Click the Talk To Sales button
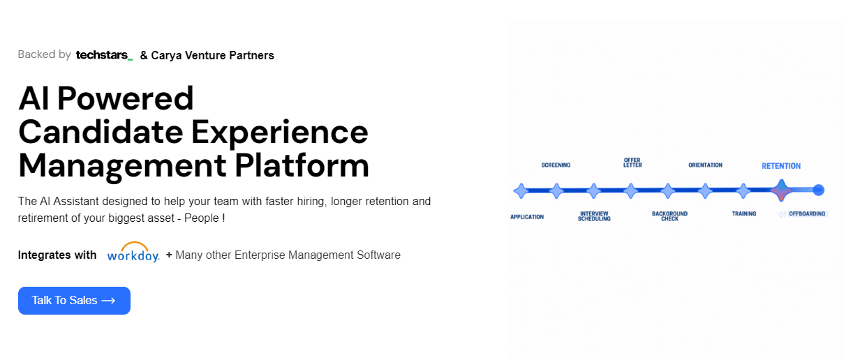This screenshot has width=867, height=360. point(74,301)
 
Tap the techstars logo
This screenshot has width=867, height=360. point(104,55)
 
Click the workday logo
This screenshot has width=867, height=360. point(133,253)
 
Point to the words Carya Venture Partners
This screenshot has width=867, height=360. point(212,55)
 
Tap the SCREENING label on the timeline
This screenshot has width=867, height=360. point(556,165)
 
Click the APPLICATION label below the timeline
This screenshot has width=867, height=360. point(527,217)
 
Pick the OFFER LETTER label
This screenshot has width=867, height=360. point(632,163)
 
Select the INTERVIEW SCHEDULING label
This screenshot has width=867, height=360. point(594,216)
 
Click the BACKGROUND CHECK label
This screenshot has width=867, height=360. point(669,216)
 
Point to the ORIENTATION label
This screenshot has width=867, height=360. point(705,165)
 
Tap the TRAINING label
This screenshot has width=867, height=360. point(744,213)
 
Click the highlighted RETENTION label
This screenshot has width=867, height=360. point(781,166)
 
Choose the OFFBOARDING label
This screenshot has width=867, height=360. point(808,213)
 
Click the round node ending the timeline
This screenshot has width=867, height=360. point(819,190)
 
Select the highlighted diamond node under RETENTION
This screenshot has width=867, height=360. point(780,190)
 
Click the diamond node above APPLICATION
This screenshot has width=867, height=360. point(520,190)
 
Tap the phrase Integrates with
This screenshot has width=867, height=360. point(57,255)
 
